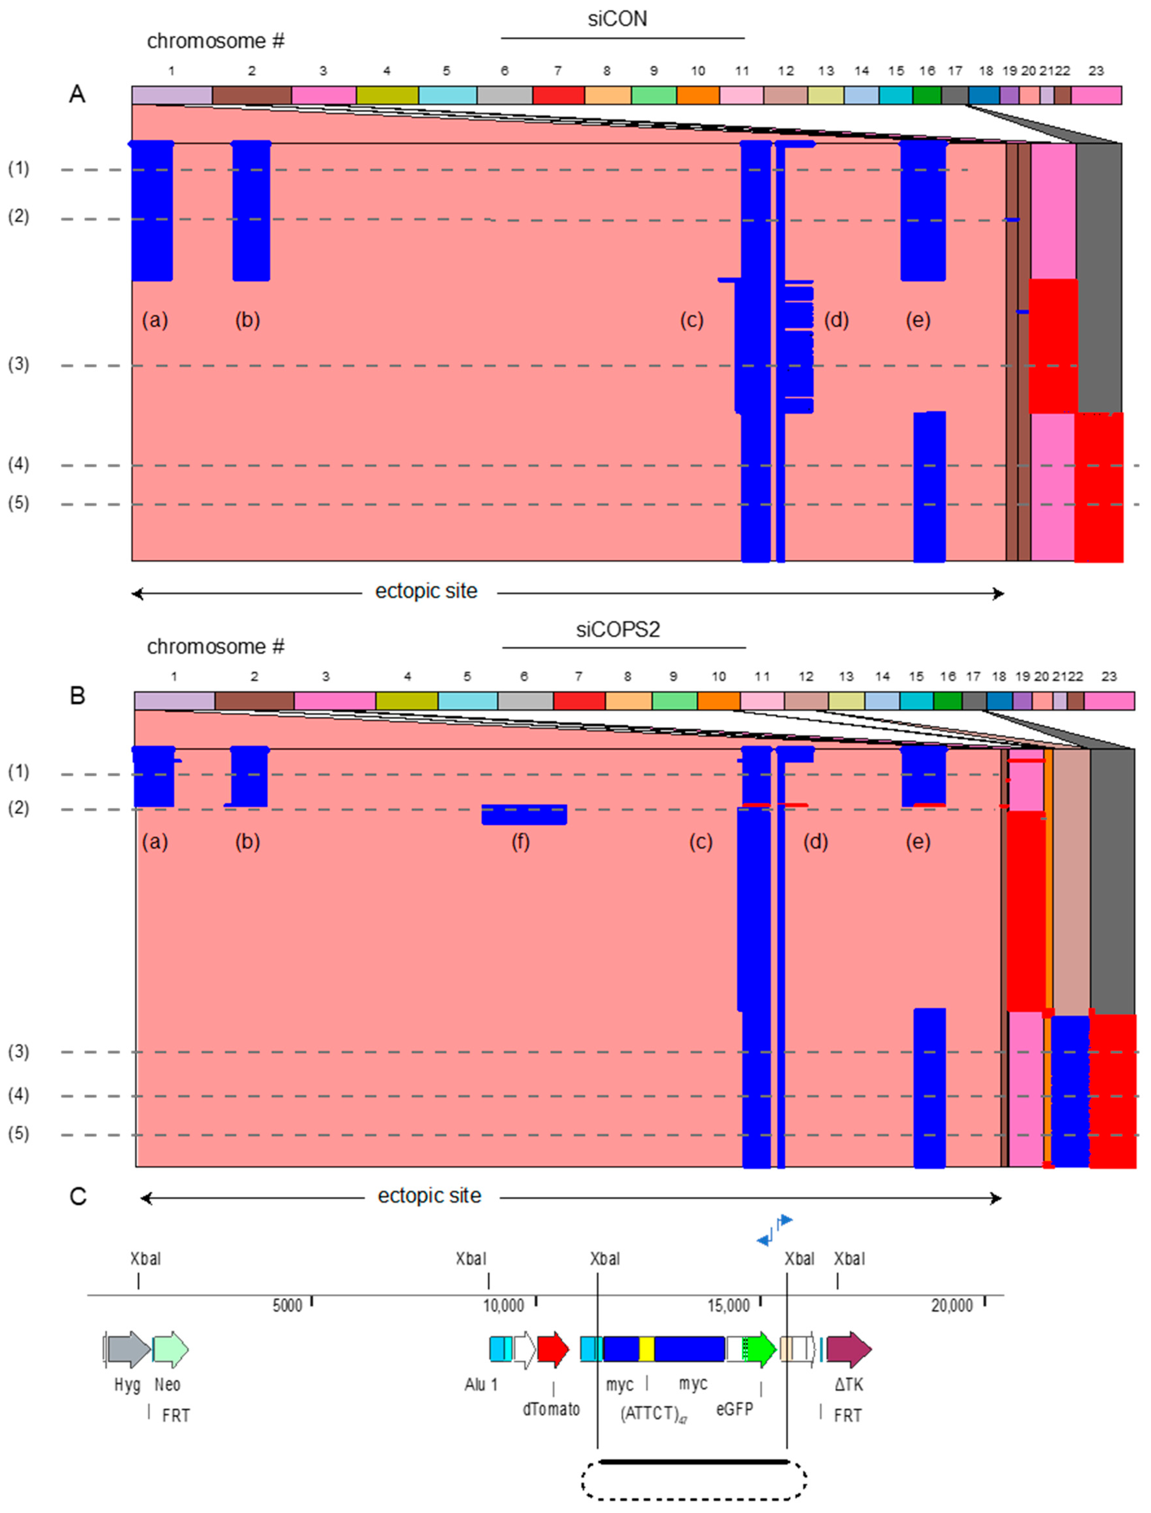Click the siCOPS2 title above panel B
(617, 629)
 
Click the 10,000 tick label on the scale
(504, 1305)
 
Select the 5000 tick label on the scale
(287, 1305)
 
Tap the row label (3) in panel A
(18, 364)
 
